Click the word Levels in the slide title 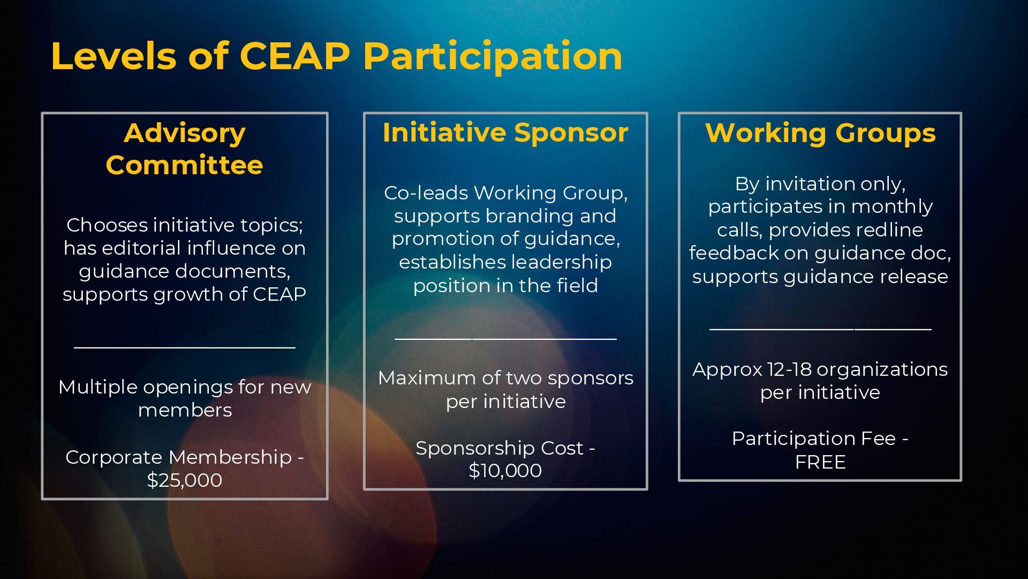(x=114, y=56)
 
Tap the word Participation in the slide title (x=493, y=57)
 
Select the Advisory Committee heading (x=185, y=149)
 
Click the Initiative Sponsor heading (x=505, y=132)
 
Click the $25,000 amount (x=185, y=480)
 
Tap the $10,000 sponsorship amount (x=505, y=471)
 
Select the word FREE (x=820, y=462)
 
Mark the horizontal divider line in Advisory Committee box (x=185, y=348)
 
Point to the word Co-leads (x=426, y=193)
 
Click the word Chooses (x=107, y=225)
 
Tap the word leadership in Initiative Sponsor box (x=561, y=262)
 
